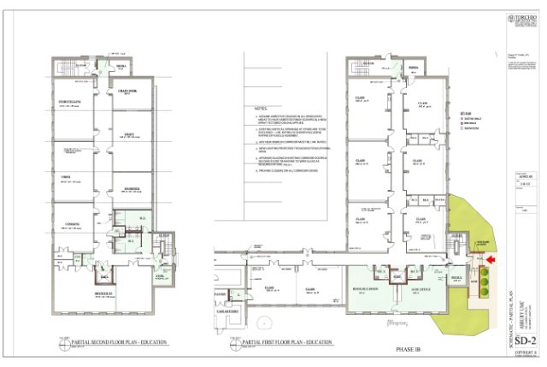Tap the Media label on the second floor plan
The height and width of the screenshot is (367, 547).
[x=121, y=65]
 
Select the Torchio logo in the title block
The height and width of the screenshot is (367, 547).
[x=515, y=16]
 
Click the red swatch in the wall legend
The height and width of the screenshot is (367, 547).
[x=462, y=122]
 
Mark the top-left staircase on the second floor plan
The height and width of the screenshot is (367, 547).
[x=64, y=67]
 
